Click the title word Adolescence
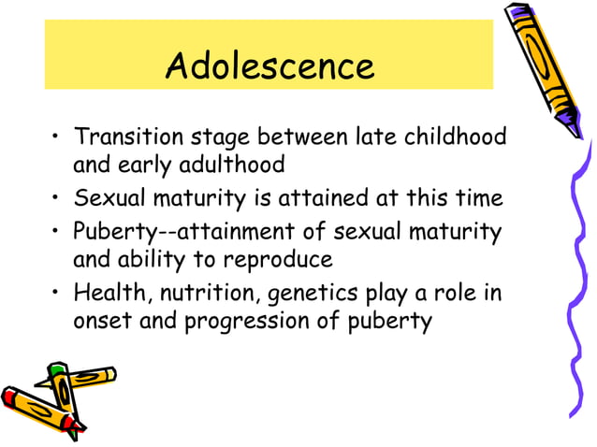coord(269,66)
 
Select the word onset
coord(97,324)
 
